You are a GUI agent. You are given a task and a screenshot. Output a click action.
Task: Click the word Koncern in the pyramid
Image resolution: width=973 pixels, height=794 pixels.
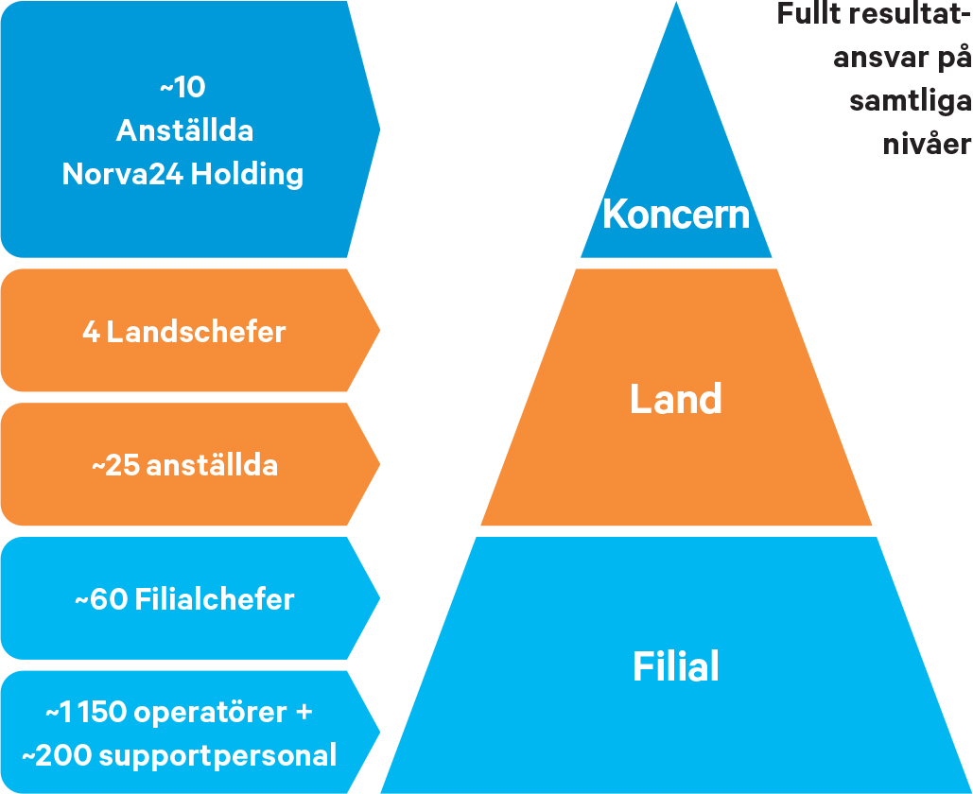(x=676, y=214)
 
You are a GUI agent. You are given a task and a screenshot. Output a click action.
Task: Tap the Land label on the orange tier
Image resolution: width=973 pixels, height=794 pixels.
(x=676, y=398)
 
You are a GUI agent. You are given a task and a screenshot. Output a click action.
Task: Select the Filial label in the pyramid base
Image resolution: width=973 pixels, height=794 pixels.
(x=676, y=666)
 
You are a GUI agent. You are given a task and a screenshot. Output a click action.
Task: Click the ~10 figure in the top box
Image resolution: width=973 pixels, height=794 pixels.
(x=182, y=87)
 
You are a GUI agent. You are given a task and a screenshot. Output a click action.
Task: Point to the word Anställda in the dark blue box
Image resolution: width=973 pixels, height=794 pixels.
(x=185, y=130)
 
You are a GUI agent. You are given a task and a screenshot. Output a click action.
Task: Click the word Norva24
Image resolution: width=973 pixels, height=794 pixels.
(x=122, y=174)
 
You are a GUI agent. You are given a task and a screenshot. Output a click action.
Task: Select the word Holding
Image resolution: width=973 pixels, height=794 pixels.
(x=247, y=174)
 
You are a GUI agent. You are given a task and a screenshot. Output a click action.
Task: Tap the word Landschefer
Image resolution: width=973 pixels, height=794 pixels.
(x=196, y=332)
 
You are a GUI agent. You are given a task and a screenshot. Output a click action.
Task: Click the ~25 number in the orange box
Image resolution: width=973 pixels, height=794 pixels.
(x=116, y=465)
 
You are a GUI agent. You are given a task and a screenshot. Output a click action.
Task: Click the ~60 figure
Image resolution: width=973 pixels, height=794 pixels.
(x=101, y=599)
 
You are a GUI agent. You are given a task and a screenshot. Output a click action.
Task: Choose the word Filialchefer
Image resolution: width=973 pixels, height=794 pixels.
(x=215, y=599)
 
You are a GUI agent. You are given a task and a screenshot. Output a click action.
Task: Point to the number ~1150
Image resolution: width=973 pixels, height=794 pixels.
(x=86, y=712)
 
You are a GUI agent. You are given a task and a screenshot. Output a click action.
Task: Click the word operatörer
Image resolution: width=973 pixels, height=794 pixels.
(x=211, y=713)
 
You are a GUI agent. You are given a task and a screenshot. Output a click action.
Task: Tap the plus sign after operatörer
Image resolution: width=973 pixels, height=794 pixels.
(x=304, y=713)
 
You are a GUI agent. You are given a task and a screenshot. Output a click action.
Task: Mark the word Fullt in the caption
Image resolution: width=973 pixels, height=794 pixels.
(x=808, y=13)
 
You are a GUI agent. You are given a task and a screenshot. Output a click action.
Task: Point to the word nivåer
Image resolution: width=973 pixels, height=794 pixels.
(x=927, y=144)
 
